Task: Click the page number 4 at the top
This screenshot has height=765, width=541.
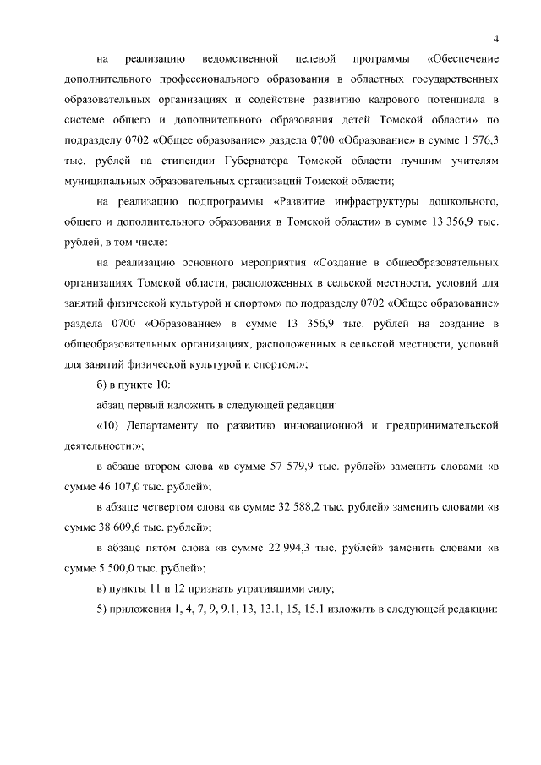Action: (496, 37)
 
